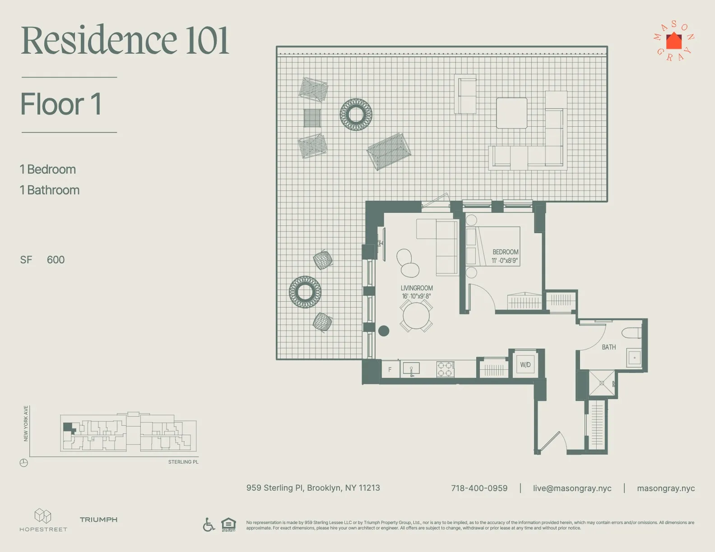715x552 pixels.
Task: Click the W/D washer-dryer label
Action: pos(525,365)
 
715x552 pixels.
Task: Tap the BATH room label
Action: pos(608,347)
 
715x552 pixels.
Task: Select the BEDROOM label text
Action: pos(505,252)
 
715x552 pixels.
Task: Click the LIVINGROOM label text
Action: pos(417,288)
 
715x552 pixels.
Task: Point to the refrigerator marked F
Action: pos(390,369)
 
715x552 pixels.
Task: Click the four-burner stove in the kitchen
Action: pos(445,369)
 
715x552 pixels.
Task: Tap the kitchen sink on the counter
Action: pos(411,369)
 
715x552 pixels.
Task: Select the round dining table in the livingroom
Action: pos(416,316)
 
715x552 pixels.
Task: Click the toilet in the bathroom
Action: pos(631,333)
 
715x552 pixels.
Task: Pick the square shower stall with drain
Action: pos(602,383)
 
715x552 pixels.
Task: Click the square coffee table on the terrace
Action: pos(512,113)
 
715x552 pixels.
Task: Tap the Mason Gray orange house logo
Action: pos(674,41)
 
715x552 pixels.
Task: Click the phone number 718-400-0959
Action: pos(479,488)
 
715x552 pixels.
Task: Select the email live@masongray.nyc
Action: pos(572,488)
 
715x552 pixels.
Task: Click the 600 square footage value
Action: pos(56,260)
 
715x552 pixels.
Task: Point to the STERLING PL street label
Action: pos(183,462)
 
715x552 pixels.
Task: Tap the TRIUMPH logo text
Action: pos(98,520)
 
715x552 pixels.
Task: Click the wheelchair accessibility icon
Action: pos(209,524)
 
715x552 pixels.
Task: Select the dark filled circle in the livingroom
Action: pos(384,331)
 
